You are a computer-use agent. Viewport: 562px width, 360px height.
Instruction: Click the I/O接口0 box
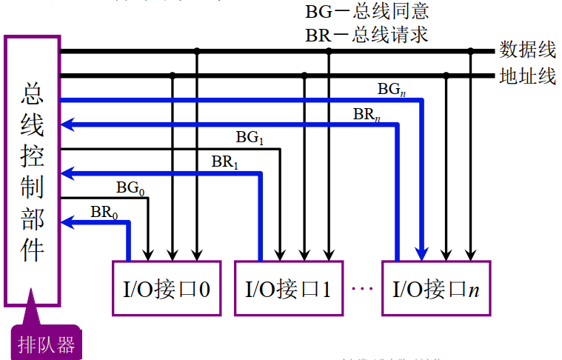point(167,288)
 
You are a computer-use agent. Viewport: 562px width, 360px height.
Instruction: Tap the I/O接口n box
point(436,288)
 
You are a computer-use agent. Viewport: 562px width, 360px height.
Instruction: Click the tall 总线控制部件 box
point(33,170)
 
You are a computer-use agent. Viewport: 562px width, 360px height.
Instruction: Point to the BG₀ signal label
point(130,188)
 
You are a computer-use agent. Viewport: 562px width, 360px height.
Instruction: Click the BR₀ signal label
point(104,212)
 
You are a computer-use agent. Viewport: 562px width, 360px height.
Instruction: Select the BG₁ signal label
point(250,137)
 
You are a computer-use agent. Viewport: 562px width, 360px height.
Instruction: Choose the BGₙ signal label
point(392,89)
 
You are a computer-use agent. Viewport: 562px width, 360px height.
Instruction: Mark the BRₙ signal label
point(367,113)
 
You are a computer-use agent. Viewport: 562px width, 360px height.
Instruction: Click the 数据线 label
point(528,50)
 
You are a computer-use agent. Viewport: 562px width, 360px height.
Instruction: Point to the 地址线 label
point(528,76)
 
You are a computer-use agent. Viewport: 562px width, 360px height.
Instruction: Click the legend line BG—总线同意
point(367,12)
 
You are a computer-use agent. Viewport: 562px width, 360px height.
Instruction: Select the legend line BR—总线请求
point(367,35)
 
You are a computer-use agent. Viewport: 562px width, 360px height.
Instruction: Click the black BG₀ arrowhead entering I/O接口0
point(149,253)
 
